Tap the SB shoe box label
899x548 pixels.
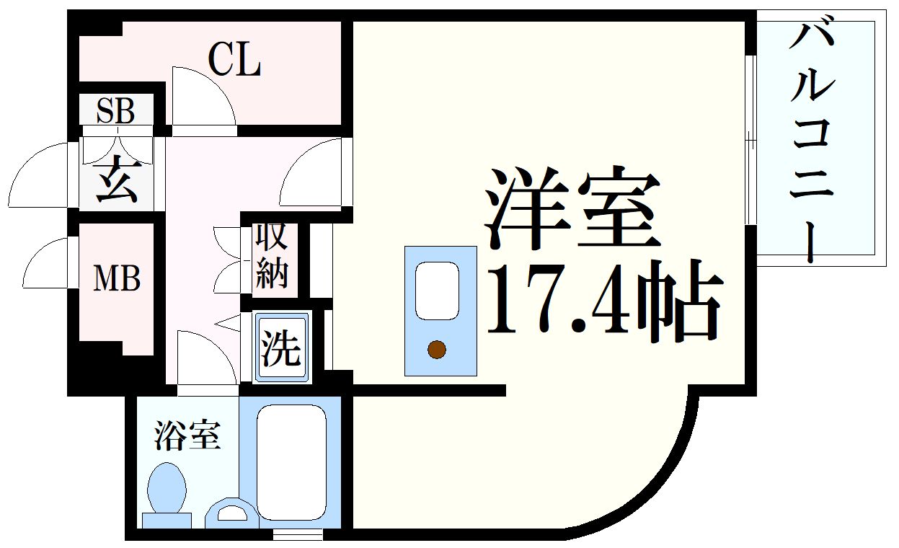115,111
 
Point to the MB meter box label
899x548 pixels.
116,278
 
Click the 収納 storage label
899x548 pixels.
272,256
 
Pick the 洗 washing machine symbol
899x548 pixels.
281,348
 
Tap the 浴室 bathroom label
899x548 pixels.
187,436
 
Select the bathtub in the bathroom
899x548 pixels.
291,461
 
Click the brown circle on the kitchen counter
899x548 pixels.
436,350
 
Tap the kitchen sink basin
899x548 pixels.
437,290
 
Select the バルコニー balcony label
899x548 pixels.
812,141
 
